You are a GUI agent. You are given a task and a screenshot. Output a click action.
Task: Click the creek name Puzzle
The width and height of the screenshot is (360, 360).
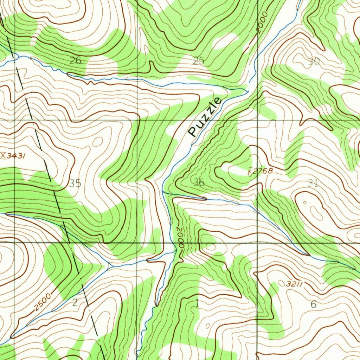pos(206,117)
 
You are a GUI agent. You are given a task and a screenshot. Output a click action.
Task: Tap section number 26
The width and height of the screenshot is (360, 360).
pos(75,61)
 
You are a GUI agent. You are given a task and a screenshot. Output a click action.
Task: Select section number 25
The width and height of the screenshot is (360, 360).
pos(199,61)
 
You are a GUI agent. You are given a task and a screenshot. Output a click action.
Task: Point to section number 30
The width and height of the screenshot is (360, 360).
pos(314,62)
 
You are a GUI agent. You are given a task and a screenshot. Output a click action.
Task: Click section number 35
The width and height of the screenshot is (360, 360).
pos(75,183)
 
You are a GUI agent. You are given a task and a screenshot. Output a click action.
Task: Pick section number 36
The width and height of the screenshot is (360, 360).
pos(199,182)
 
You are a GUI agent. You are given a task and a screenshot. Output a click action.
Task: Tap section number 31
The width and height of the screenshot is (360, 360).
pos(313,183)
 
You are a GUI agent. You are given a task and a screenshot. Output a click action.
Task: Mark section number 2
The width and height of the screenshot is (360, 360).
pos(75,303)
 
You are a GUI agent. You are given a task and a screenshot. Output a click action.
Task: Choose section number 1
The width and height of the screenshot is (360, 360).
pos(197,303)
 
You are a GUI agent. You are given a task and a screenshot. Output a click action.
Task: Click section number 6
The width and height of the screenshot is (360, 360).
pos(314,304)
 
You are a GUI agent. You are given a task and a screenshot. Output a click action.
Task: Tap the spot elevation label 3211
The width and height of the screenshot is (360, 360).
pos(295,283)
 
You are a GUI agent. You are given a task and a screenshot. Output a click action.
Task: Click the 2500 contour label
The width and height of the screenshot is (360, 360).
pos(43,302)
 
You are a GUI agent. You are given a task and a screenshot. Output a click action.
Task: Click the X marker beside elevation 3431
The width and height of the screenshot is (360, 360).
pos(3,155)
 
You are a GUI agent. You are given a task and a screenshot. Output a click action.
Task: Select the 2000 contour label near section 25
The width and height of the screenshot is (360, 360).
pos(262,23)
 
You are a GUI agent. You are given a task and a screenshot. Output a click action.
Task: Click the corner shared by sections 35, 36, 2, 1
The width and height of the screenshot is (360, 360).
pos(137,243)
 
